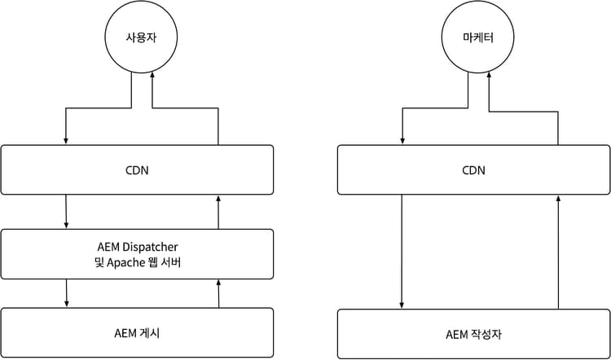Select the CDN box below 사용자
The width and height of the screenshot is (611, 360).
pos(136,169)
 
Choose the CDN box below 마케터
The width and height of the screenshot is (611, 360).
pos(473,169)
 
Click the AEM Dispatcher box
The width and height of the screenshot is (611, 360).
pos(136,253)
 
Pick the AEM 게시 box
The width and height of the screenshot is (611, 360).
pos(136,332)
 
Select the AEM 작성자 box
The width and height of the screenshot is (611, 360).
pos(473,334)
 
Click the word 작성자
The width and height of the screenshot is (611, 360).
pos(487,334)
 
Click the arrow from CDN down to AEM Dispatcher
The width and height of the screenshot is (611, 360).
pos(66,212)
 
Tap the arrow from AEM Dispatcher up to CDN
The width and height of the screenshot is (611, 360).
pos(218,212)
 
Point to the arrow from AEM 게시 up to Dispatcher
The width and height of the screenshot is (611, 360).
pos(218,293)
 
